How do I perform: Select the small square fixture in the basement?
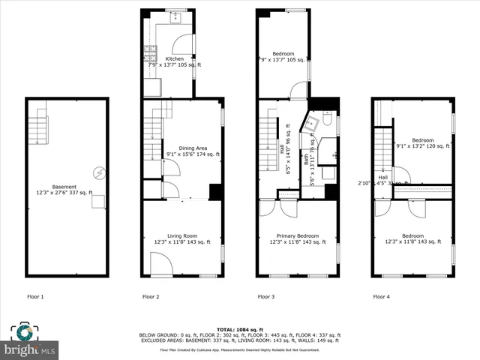(97, 202)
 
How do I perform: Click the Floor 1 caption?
(35, 297)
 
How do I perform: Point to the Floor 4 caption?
(382, 297)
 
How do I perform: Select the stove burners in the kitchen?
(148, 54)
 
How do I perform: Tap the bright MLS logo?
(30, 349)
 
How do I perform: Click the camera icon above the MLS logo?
(25, 333)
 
